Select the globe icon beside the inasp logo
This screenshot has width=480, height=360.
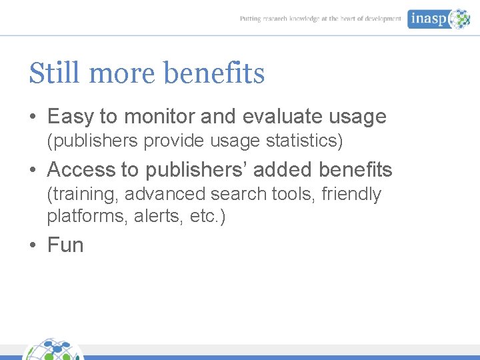tap(459, 19)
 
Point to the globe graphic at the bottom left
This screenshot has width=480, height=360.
tap(53, 350)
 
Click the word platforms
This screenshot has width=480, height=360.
tap(79, 217)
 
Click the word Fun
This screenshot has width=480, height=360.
tap(65, 245)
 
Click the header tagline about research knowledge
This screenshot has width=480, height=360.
tap(320, 19)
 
